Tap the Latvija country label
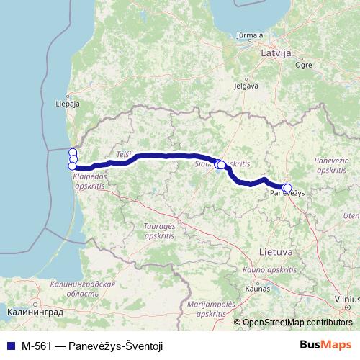(275, 53)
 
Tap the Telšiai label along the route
(124, 153)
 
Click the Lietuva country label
(274, 253)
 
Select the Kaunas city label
(256, 289)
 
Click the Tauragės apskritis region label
(159, 230)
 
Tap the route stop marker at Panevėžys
(287, 189)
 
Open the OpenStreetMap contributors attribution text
(297, 323)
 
